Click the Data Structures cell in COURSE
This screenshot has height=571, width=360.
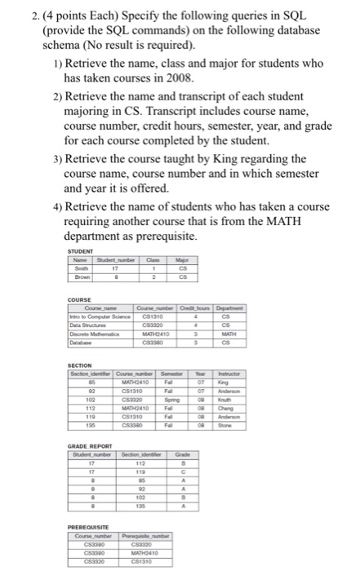tap(89, 324)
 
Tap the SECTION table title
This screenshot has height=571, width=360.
tap(80, 365)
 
